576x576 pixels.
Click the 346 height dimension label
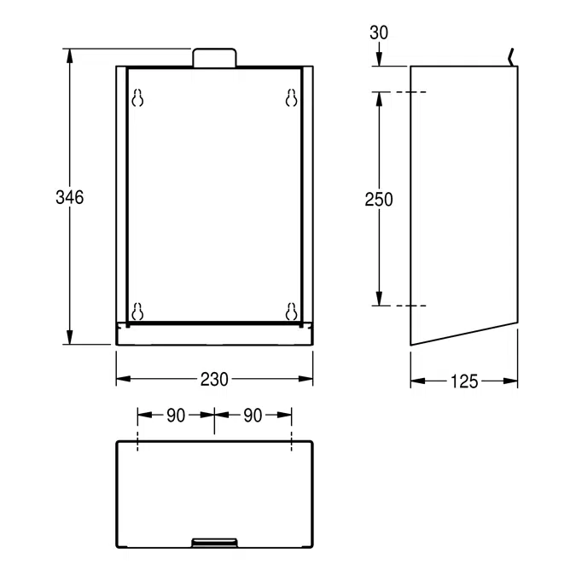tap(69, 197)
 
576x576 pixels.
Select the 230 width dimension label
tap(214, 380)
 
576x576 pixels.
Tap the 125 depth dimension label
tap(464, 381)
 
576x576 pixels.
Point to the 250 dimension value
tap(379, 200)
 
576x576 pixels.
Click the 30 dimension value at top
tap(379, 33)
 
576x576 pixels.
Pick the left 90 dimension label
tap(176, 416)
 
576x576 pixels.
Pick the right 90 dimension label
tap(253, 416)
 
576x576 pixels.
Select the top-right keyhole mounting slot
tap(291, 99)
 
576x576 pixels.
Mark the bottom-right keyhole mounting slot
tap(291, 311)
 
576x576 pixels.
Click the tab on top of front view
tap(214, 57)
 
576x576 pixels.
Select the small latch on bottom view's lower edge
tap(214, 543)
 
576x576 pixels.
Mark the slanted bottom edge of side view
tap(464, 334)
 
